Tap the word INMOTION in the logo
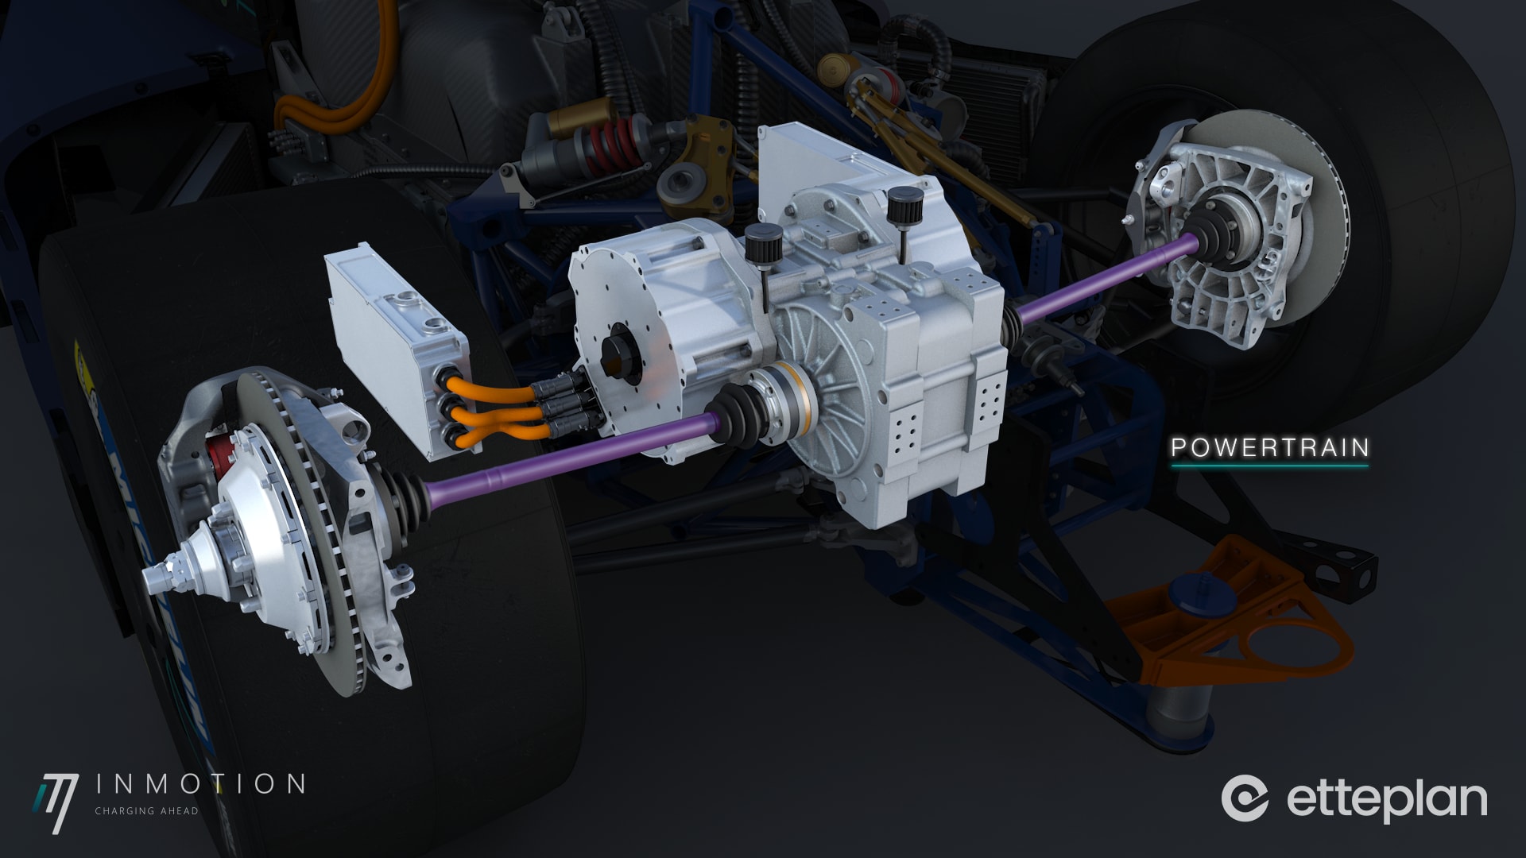199,784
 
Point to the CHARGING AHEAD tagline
146,811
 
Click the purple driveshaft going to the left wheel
556,461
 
